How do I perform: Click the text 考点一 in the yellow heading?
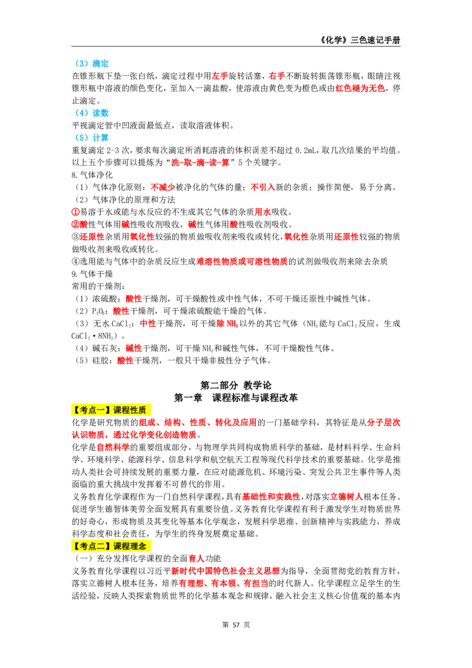92,410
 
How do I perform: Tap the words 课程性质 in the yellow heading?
130,410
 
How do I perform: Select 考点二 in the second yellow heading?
92,546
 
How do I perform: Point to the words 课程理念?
130,546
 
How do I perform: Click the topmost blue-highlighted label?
93,64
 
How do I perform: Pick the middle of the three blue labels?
93,113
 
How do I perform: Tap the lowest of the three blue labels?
93,137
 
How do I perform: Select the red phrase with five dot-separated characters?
200,163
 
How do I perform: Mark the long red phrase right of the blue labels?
360,88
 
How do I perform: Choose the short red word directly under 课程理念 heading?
196,558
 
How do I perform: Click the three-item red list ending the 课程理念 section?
224,583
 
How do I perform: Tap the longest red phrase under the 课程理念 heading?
225,571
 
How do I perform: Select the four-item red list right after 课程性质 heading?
198,423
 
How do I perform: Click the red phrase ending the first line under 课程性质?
383,423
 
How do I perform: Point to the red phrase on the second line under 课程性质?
134,434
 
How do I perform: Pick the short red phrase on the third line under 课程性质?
112,447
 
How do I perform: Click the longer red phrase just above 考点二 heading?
271,496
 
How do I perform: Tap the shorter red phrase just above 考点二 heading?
346,497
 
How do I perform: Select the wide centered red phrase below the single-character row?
241,261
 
